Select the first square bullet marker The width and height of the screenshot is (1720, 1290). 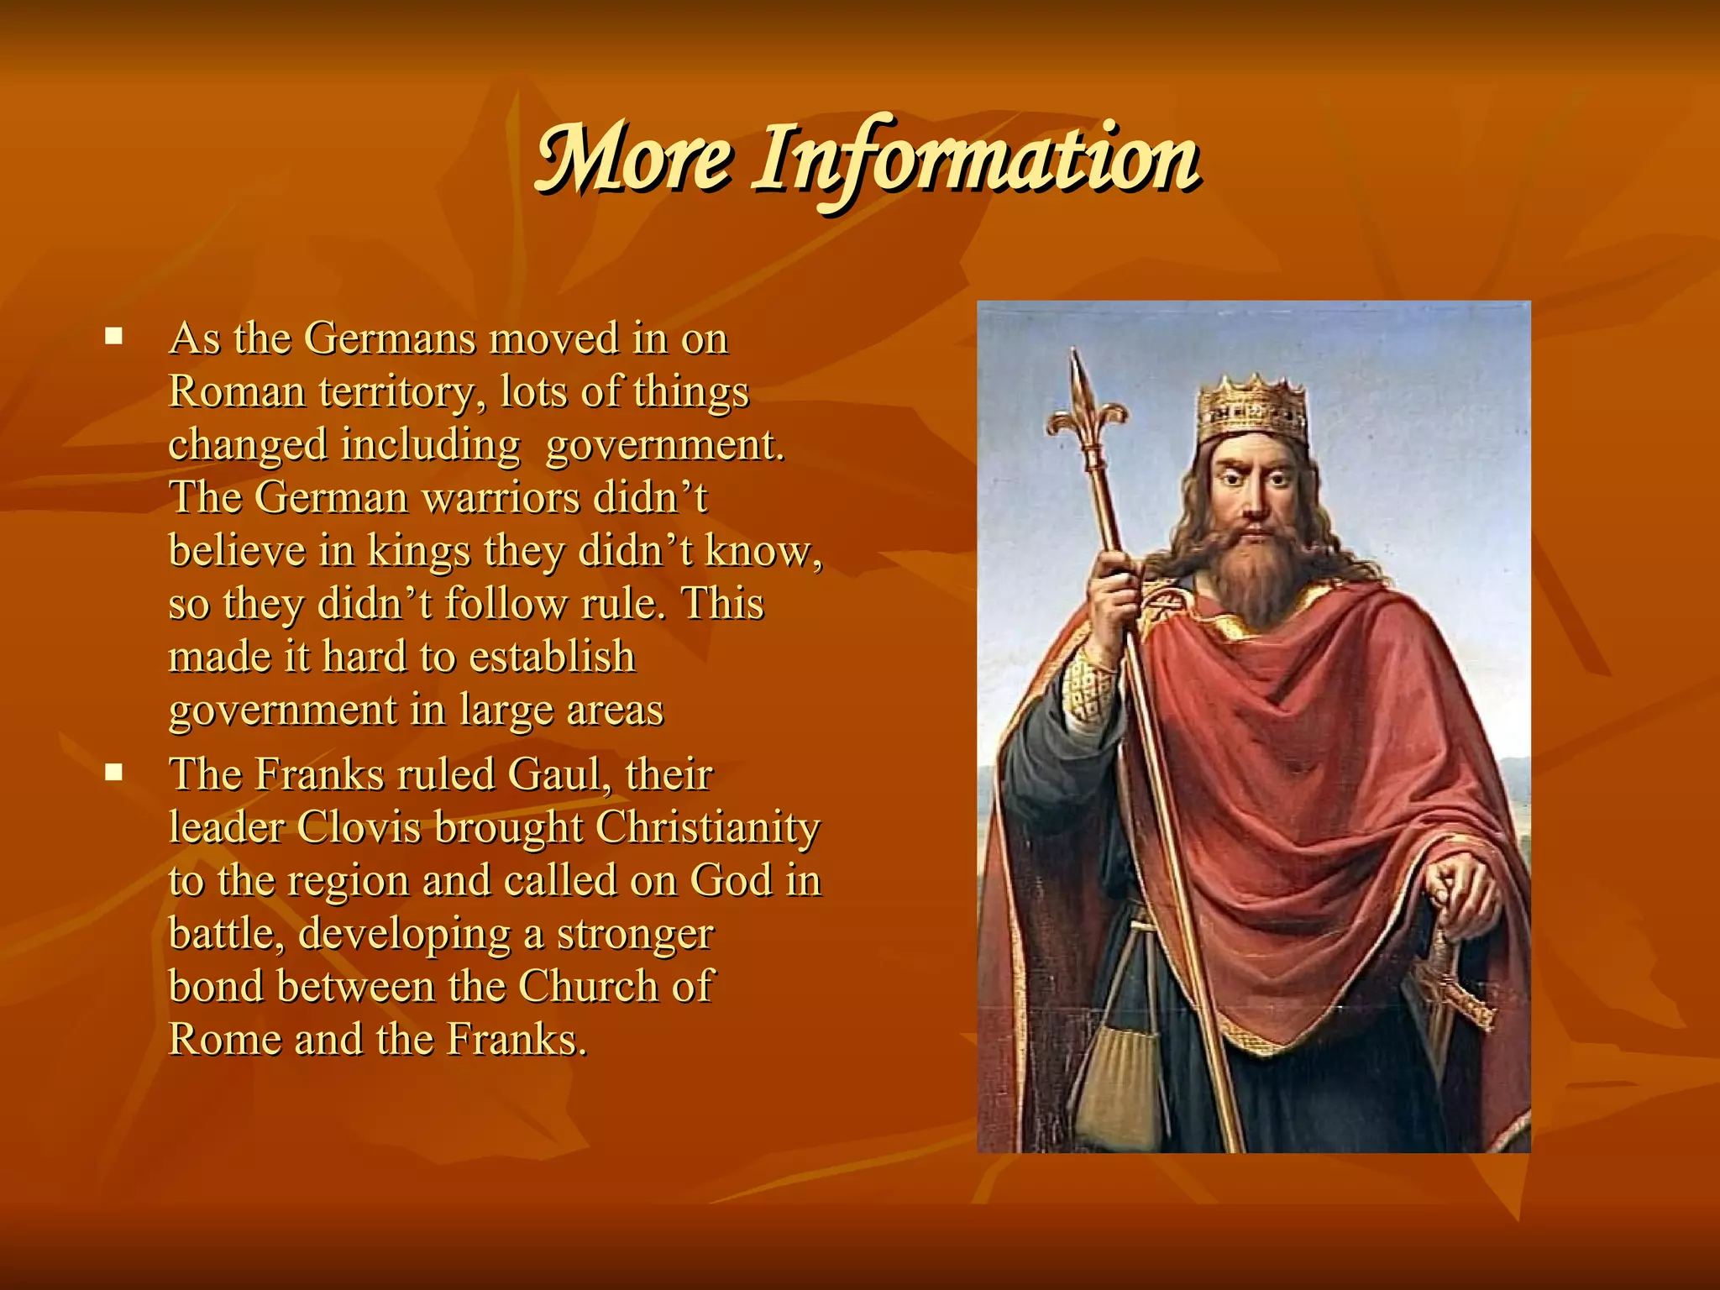pyautogui.click(x=114, y=338)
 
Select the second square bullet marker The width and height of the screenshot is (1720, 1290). pyautogui.click(x=114, y=773)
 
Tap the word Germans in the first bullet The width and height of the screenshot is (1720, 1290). pyautogui.click(x=390, y=338)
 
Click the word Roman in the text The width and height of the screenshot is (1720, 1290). pyautogui.click(x=237, y=391)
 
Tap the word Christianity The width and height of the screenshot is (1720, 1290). pyautogui.click(x=707, y=828)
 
